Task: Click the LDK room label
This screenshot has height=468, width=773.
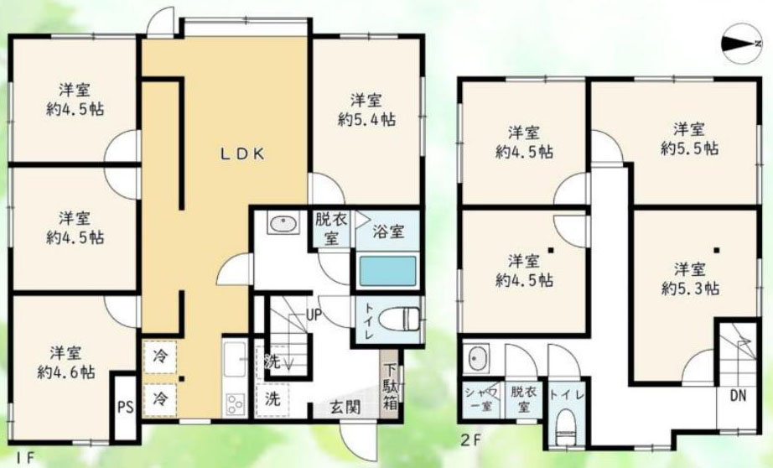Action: click(242, 154)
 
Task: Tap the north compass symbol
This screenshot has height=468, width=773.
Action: click(741, 44)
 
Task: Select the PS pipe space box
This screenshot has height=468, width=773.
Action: click(125, 408)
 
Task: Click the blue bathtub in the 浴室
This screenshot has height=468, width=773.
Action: click(387, 271)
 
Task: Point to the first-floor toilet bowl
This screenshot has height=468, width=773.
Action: click(399, 320)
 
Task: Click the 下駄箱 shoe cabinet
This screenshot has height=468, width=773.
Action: click(391, 386)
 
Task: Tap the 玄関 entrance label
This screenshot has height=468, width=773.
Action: click(345, 408)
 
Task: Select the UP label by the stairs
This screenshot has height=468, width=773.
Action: click(314, 315)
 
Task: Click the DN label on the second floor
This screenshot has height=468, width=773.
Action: click(738, 395)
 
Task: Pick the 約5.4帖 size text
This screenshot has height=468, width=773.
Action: click(366, 119)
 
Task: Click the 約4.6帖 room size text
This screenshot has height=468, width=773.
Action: click(66, 372)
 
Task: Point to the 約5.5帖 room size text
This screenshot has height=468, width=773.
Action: click(690, 148)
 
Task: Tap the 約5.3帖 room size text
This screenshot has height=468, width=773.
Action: click(690, 288)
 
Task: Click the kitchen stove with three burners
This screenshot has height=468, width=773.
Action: click(235, 404)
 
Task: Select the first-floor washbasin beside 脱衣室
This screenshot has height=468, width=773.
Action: click(283, 224)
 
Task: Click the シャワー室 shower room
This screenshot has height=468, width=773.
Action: click(481, 399)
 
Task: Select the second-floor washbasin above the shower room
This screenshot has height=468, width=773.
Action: click(477, 358)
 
